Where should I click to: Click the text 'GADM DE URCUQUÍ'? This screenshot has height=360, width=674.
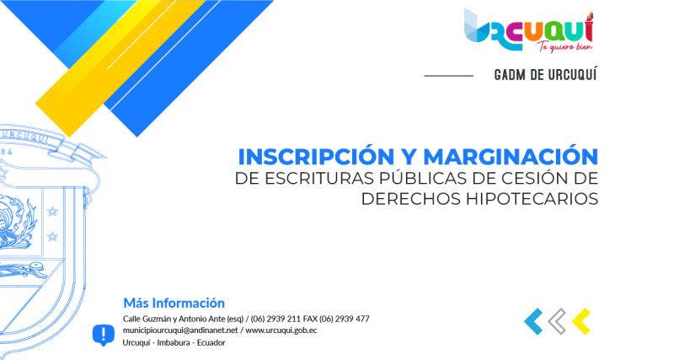546,75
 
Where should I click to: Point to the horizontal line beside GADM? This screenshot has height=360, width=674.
448,76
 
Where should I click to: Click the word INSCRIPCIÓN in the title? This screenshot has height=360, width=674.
316,157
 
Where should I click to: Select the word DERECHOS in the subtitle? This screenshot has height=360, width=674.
403,199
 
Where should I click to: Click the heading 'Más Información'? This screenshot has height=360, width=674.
174,303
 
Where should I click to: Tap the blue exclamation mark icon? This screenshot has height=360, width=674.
103,335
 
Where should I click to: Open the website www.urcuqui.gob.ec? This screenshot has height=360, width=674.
281,330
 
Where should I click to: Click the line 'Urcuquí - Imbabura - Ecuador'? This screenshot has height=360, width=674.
174,342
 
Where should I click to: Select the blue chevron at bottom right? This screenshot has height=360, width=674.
532,321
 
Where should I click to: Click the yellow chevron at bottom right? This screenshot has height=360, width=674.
580,321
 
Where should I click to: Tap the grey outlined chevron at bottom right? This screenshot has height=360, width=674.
556,321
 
